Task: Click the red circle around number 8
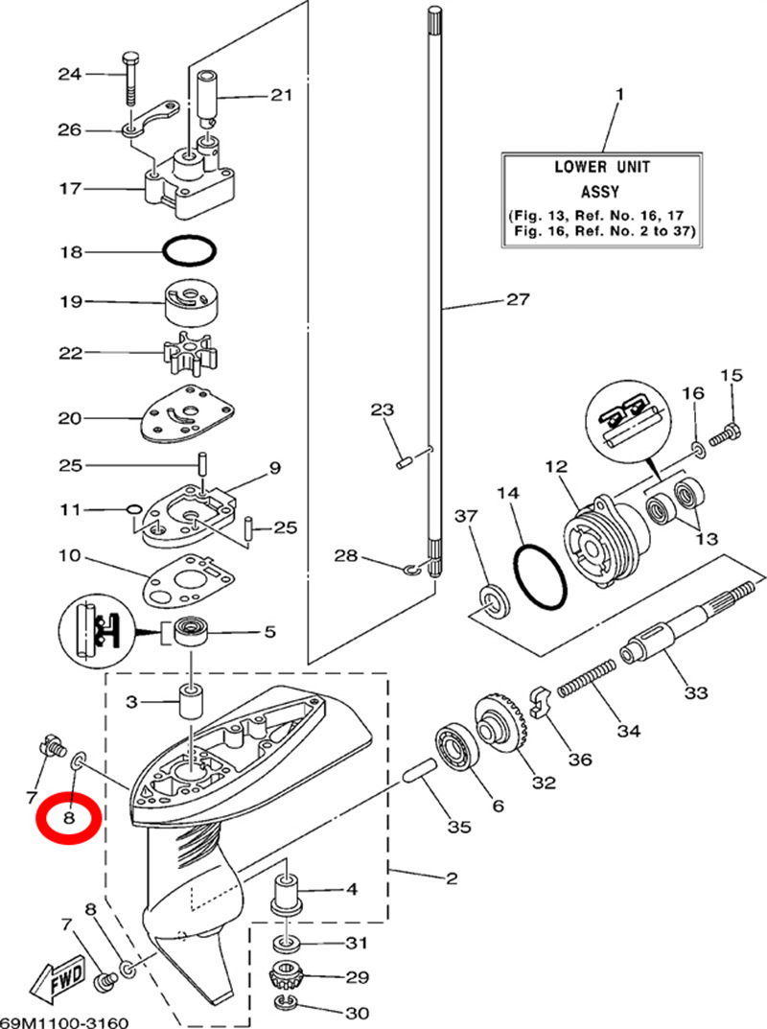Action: tap(68, 818)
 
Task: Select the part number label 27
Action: tap(518, 300)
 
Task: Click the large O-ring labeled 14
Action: tap(540, 578)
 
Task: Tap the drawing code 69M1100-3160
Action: tap(65, 1021)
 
